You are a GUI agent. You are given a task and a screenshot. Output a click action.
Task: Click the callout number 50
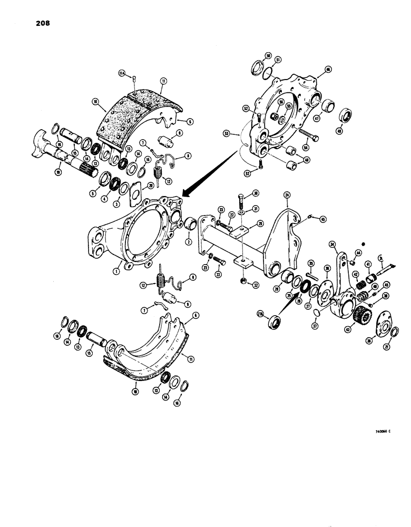(x=268, y=55)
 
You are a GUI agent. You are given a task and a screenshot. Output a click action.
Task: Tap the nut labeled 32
(x=243, y=280)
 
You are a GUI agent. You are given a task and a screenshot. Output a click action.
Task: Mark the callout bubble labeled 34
(x=332, y=243)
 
